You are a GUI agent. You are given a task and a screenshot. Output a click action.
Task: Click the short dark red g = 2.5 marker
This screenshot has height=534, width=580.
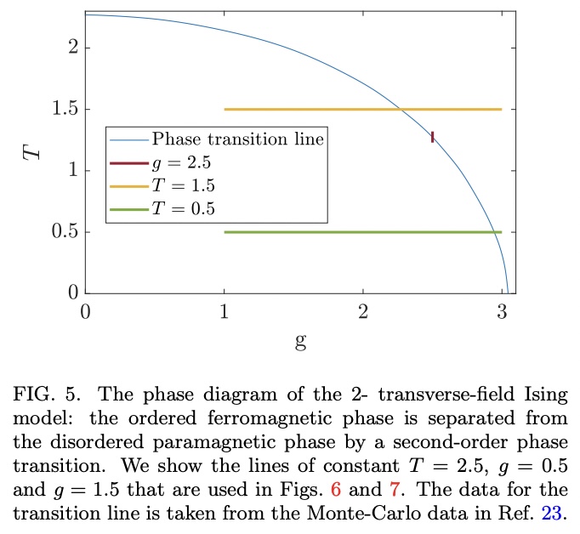tap(433, 137)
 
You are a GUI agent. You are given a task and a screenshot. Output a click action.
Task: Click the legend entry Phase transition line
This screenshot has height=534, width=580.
tap(237, 139)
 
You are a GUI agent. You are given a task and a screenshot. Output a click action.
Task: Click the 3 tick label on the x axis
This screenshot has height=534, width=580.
tap(502, 311)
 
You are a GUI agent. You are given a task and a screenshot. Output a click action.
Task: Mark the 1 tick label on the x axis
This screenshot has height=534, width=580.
tap(224, 311)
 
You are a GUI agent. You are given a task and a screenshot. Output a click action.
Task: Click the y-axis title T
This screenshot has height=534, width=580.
tap(31, 153)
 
